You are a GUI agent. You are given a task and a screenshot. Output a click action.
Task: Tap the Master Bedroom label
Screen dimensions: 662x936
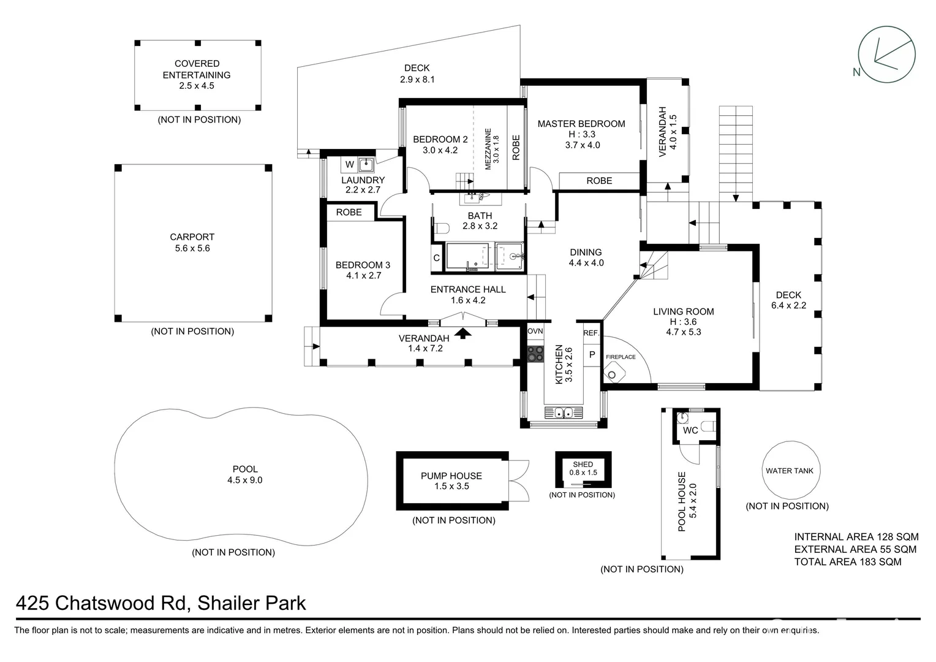pyautogui.click(x=581, y=124)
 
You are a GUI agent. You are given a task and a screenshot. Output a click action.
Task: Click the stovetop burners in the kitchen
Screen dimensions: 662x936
pyautogui.click(x=535, y=354)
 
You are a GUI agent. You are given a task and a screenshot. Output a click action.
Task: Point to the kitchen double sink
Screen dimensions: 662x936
pyautogui.click(x=563, y=413)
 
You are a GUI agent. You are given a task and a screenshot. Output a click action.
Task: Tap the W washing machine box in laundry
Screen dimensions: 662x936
pyautogui.click(x=349, y=164)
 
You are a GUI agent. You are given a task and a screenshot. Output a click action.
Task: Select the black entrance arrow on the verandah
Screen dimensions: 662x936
pyautogui.click(x=464, y=333)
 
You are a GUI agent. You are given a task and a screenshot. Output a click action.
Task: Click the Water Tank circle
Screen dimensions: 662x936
pyautogui.click(x=789, y=471)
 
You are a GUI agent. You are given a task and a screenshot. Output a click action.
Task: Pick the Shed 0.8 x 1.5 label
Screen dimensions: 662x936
pyautogui.click(x=583, y=469)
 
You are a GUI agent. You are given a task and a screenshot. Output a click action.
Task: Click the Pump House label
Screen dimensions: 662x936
pyautogui.click(x=451, y=476)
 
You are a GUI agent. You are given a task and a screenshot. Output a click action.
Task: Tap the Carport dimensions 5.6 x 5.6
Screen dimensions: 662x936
pyautogui.click(x=192, y=248)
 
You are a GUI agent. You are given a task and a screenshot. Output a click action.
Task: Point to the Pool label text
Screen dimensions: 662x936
pyautogui.click(x=244, y=470)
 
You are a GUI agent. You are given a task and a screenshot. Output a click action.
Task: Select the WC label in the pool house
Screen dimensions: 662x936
pyautogui.click(x=690, y=430)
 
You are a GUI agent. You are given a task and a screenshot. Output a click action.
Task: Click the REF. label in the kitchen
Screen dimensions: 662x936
pyautogui.click(x=591, y=333)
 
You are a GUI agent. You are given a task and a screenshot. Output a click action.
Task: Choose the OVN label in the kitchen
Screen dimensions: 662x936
pyautogui.click(x=535, y=331)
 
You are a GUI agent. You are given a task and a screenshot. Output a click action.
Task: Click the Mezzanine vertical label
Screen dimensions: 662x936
pyautogui.click(x=488, y=149)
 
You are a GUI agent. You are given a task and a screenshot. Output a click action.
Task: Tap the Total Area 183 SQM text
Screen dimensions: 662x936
pyautogui.click(x=847, y=561)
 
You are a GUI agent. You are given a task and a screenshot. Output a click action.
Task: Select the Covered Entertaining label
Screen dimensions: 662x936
pyautogui.click(x=197, y=69)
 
